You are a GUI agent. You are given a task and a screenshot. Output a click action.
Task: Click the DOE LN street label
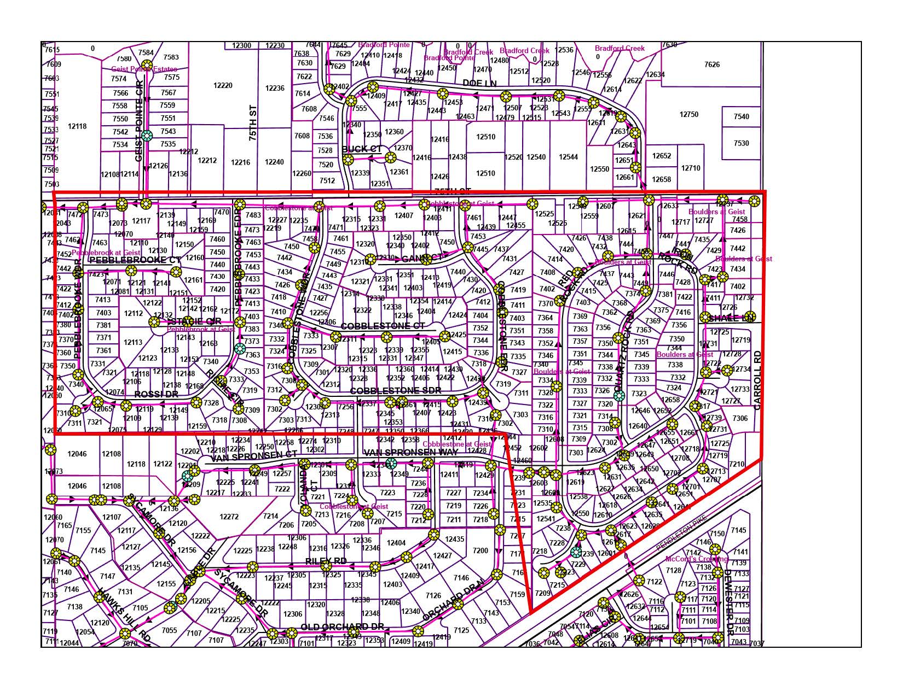pos(479,83)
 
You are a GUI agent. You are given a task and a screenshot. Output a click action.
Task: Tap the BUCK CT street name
pos(362,149)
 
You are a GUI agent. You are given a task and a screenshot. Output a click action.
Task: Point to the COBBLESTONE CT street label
pos(383,326)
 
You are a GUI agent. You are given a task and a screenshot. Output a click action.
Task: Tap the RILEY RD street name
pos(326,561)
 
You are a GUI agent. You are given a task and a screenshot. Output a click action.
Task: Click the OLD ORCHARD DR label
pos(343,626)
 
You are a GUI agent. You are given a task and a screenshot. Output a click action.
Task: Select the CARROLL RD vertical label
pos(757,380)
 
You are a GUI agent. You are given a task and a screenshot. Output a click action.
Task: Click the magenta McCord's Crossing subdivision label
pos(696,559)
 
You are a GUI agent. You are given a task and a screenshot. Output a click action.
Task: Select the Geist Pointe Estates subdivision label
pos(144,69)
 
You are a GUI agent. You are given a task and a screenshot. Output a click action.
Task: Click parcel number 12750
pos(689,114)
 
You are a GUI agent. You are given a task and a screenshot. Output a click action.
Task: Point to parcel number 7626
pos(712,65)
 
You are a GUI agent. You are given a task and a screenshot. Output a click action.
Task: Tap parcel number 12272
pos(229,517)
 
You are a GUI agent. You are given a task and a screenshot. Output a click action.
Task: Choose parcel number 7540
pos(741,116)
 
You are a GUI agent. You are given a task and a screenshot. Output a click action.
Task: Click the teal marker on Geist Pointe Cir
pos(146,136)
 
